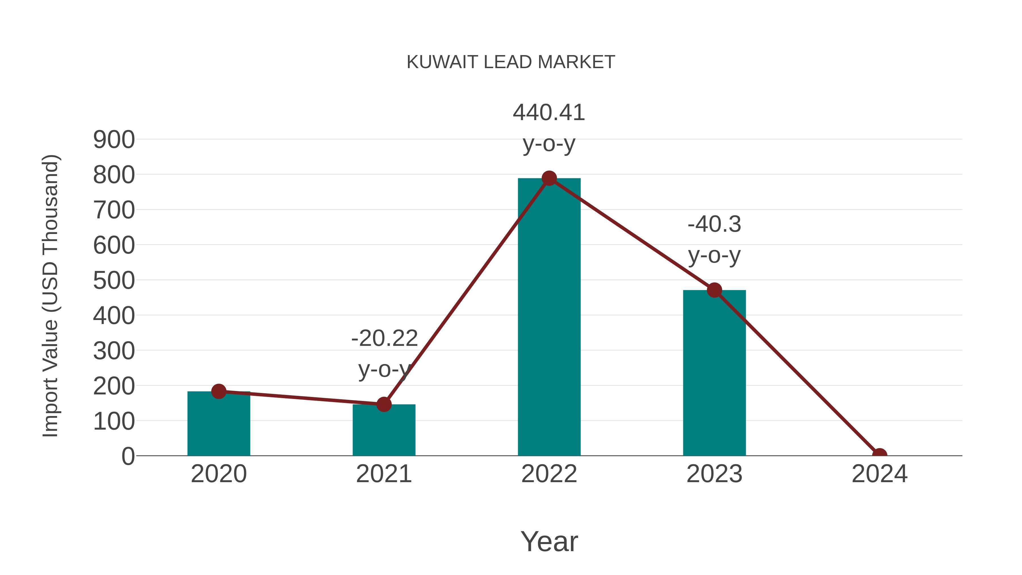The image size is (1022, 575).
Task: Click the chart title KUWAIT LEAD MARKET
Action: pyautogui.click(x=511, y=62)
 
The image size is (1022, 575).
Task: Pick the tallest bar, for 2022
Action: pyautogui.click(x=549, y=317)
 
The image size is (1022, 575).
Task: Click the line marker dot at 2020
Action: pyautogui.click(x=219, y=391)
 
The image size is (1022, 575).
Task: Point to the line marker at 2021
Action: pyautogui.click(x=384, y=404)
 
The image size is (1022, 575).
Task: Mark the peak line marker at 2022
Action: pyautogui.click(x=549, y=179)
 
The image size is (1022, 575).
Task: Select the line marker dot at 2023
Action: pyautogui.click(x=714, y=290)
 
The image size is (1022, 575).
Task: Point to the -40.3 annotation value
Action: pyautogui.click(x=714, y=224)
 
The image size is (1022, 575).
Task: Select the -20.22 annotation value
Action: pyautogui.click(x=384, y=338)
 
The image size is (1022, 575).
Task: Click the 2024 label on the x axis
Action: pyautogui.click(x=879, y=474)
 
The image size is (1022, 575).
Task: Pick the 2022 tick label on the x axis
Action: pyautogui.click(x=549, y=474)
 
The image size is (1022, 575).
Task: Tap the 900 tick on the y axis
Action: pyautogui.click(x=114, y=140)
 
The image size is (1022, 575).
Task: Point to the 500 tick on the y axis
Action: pyautogui.click(x=114, y=281)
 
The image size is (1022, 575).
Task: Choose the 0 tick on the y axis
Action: pyautogui.click(x=128, y=456)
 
